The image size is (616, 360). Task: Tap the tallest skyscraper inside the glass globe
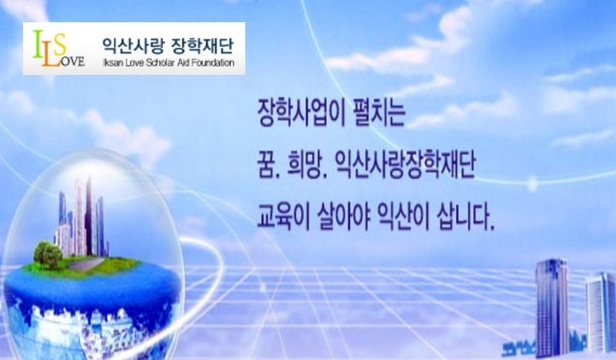point(83,214)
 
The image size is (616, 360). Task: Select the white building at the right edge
point(600,312)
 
